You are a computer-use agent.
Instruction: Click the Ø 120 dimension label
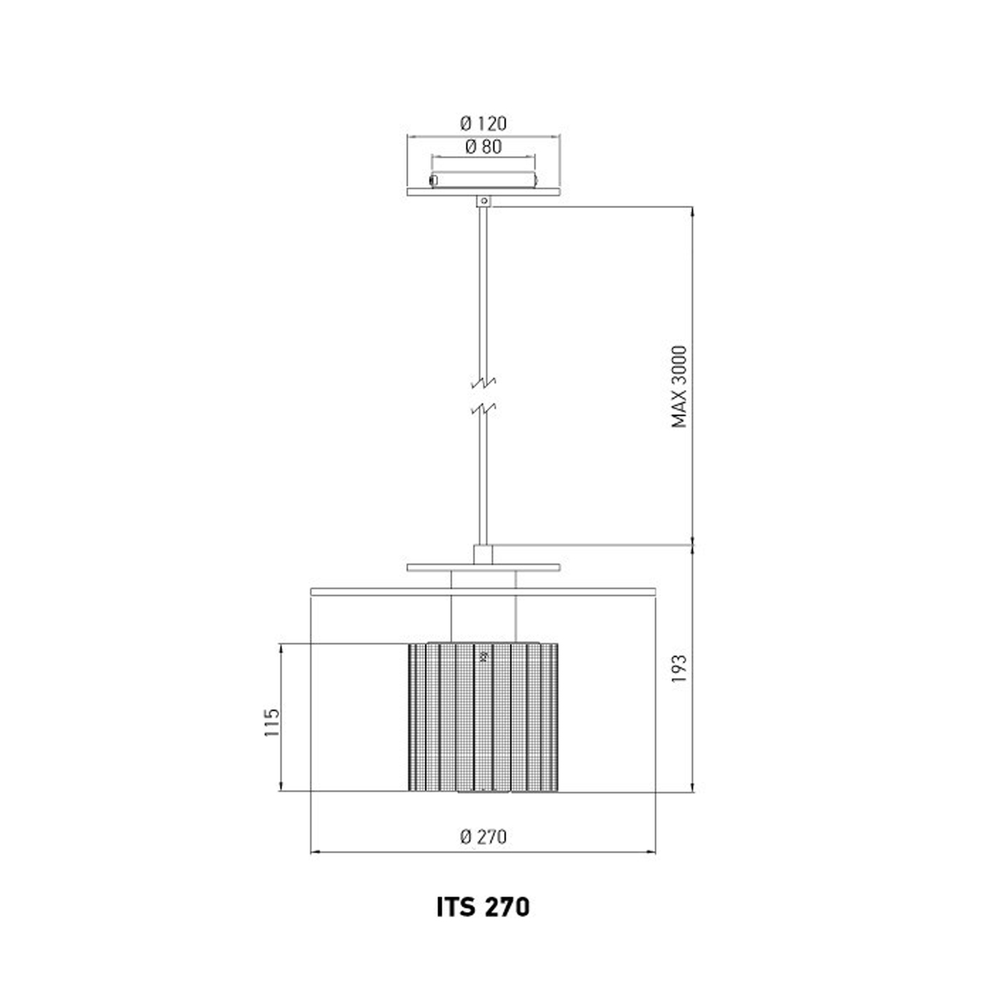click(483, 124)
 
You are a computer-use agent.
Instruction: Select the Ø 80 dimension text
click(483, 147)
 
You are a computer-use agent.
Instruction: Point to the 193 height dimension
click(679, 668)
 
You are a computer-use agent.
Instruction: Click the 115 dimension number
click(272, 722)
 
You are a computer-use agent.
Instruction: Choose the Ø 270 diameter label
click(483, 837)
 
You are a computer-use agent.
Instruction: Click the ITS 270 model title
click(483, 907)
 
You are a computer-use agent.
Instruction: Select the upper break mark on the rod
click(483, 383)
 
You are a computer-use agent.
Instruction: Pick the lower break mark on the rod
click(483, 410)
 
